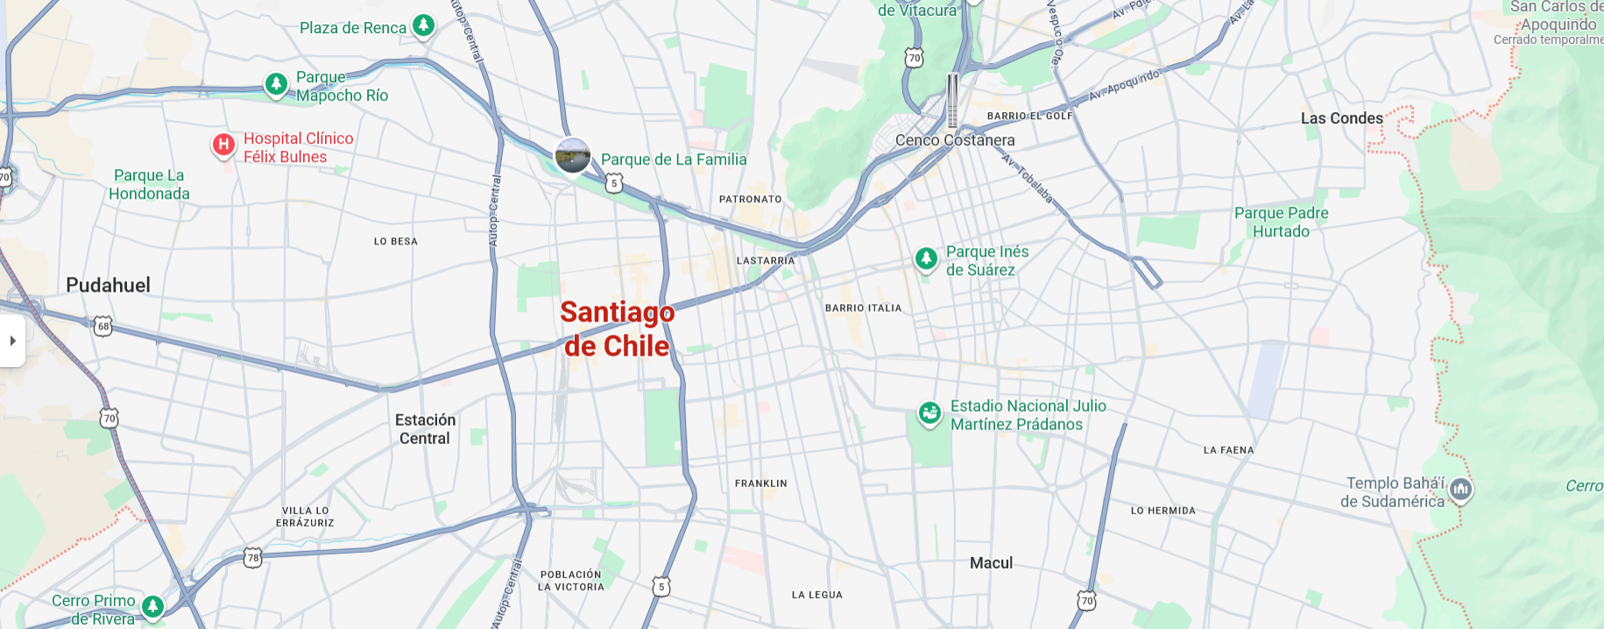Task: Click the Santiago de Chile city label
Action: point(617,329)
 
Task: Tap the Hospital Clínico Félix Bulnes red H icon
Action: point(223,145)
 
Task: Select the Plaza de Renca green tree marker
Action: point(423,25)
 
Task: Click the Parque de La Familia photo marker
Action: point(573,156)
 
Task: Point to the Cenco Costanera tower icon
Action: point(952,101)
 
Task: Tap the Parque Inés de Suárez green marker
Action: point(926,258)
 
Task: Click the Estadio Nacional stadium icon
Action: point(929,412)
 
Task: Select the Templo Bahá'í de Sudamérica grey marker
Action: point(1460,489)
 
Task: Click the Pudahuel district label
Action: point(109,286)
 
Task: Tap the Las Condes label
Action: point(1341,118)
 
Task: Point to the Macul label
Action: point(991,563)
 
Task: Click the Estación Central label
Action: point(425,429)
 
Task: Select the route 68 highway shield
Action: point(103,327)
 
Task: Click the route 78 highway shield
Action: point(253,557)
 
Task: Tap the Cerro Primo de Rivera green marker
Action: point(153,605)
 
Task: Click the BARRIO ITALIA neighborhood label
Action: point(863,308)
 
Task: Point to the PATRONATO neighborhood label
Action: point(750,200)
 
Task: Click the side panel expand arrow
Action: point(12,341)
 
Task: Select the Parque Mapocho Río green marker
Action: point(276,84)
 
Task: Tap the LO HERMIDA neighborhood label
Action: point(1162,511)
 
